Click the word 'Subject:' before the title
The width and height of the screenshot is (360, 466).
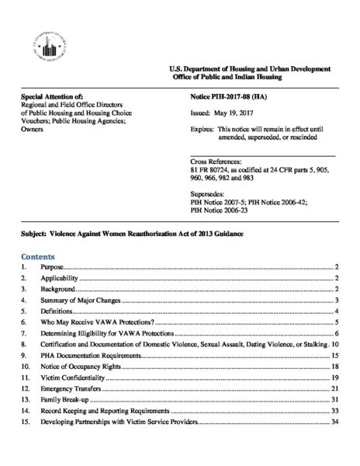coord(36,234)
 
